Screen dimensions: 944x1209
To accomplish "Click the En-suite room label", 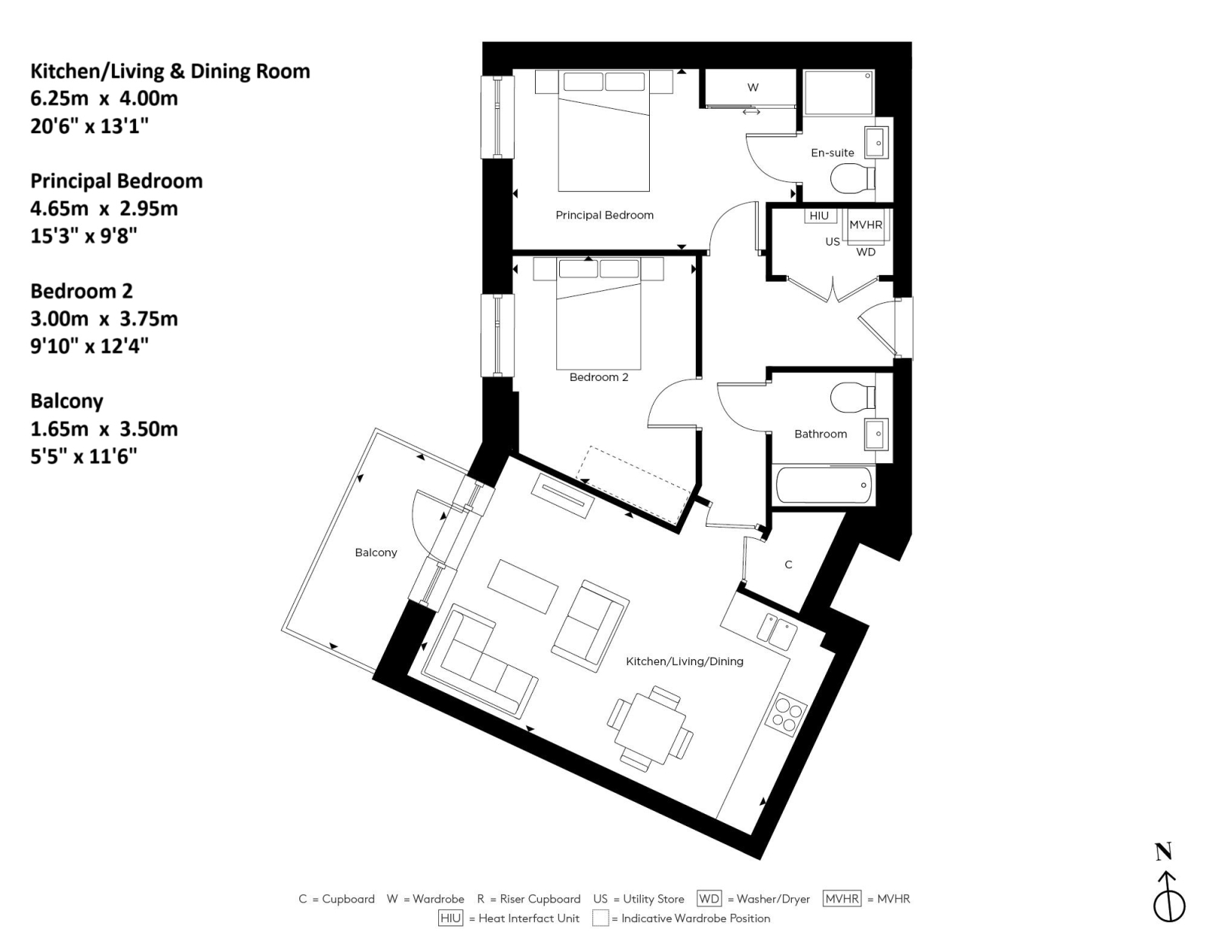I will [x=832, y=153].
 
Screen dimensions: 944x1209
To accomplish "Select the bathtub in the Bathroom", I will [x=824, y=485].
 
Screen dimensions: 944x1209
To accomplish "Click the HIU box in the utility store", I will [x=819, y=216].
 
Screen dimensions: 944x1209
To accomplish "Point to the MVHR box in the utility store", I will [x=865, y=225].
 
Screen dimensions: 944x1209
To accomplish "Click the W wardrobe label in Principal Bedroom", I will [x=753, y=88].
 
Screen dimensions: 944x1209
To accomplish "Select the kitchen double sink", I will [x=777, y=630].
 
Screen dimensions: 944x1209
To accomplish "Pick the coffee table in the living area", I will [x=523, y=587].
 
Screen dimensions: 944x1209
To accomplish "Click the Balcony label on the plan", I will [x=376, y=552].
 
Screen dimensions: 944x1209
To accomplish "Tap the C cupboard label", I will [x=788, y=565].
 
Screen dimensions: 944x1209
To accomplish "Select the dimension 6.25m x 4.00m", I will [x=104, y=98].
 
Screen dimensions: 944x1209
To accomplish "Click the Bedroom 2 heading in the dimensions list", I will [x=82, y=291].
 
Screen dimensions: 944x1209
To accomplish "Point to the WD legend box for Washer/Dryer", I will [x=709, y=899].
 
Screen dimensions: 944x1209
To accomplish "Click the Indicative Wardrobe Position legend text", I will [x=695, y=918].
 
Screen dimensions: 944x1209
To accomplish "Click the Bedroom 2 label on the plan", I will [x=598, y=377].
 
